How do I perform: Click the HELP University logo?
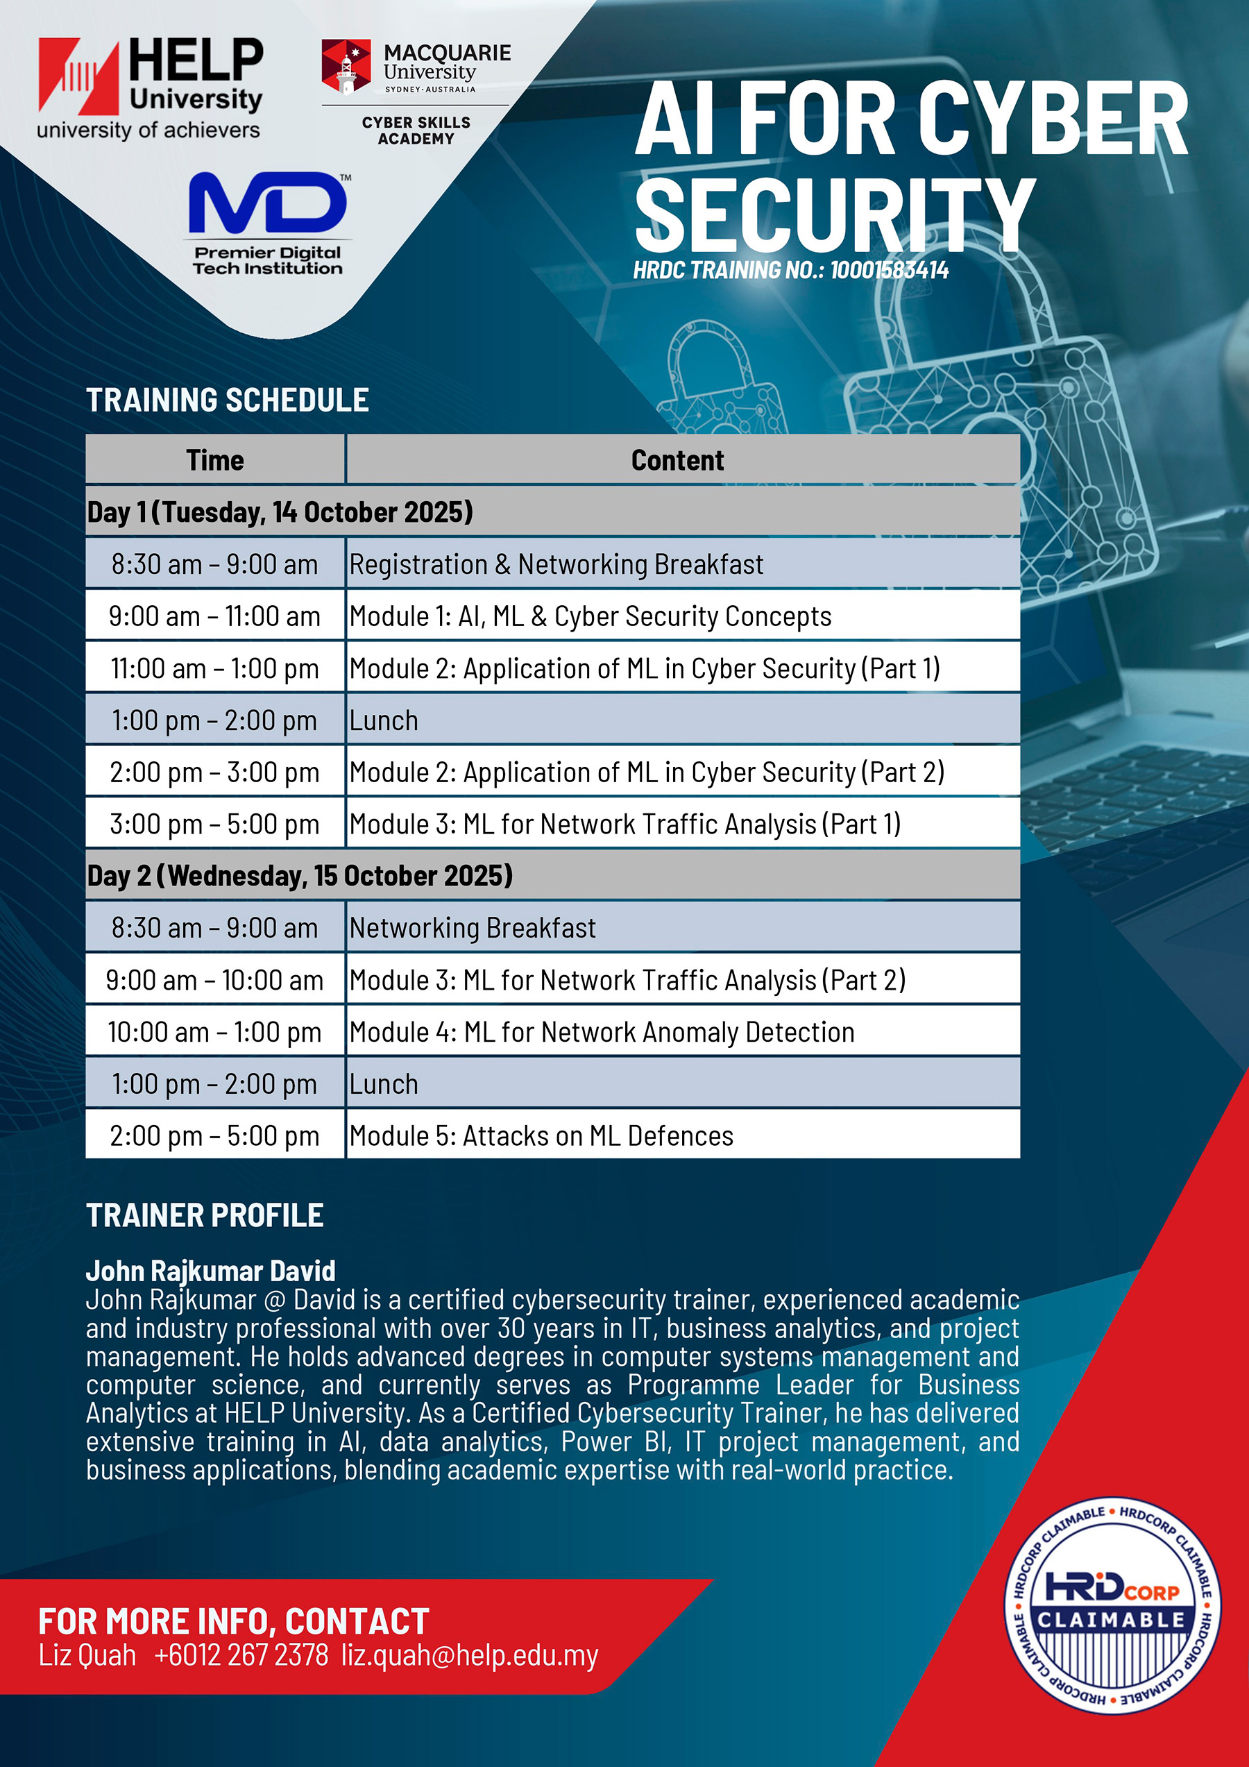pos(150,89)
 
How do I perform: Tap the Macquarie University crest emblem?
pos(346,66)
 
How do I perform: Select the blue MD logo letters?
pos(268,203)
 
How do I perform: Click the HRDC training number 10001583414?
pos(889,270)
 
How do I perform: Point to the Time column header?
pos(214,459)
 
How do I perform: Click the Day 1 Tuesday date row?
pos(552,511)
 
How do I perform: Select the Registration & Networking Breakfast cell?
pos(683,564)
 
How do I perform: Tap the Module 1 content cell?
pos(683,616)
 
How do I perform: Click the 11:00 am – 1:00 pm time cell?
pos(214,668)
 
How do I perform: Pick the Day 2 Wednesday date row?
pos(552,875)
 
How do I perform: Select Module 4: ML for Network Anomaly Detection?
pos(602,1032)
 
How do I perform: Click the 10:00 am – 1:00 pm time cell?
pos(214,1032)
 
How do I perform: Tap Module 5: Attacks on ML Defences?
pos(541,1136)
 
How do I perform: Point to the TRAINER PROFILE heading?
pos(205,1215)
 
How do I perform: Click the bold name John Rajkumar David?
pos(211,1271)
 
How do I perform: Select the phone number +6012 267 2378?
pos(241,1655)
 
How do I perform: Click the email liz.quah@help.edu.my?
pos(470,1655)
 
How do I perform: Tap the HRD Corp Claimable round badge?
pos(1112,1605)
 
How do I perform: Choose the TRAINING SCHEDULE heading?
pos(228,400)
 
